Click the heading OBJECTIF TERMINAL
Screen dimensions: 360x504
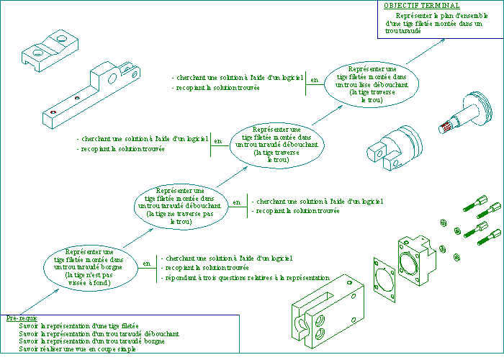(421, 5)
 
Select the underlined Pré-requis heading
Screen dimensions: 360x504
(22, 318)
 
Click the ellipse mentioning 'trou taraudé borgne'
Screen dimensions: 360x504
(89, 263)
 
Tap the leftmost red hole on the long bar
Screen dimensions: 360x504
(53, 112)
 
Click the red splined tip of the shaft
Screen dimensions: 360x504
(445, 127)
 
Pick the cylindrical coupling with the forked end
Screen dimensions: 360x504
(395, 145)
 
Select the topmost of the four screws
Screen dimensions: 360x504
(478, 202)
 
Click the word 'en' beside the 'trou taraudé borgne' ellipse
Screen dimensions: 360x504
(147, 264)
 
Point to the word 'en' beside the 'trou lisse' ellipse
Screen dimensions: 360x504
(313, 80)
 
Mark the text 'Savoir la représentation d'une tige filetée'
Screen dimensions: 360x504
(80, 325)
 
